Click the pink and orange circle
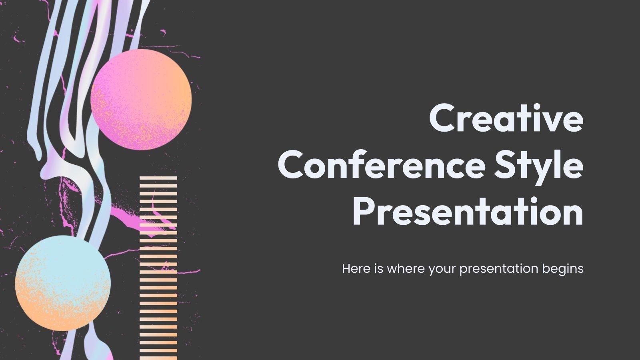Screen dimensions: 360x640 [141, 100]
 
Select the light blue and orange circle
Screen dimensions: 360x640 [63, 283]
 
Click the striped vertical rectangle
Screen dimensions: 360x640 [158, 268]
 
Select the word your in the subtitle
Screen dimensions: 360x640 [442, 269]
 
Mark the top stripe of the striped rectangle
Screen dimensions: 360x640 [158, 178]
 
